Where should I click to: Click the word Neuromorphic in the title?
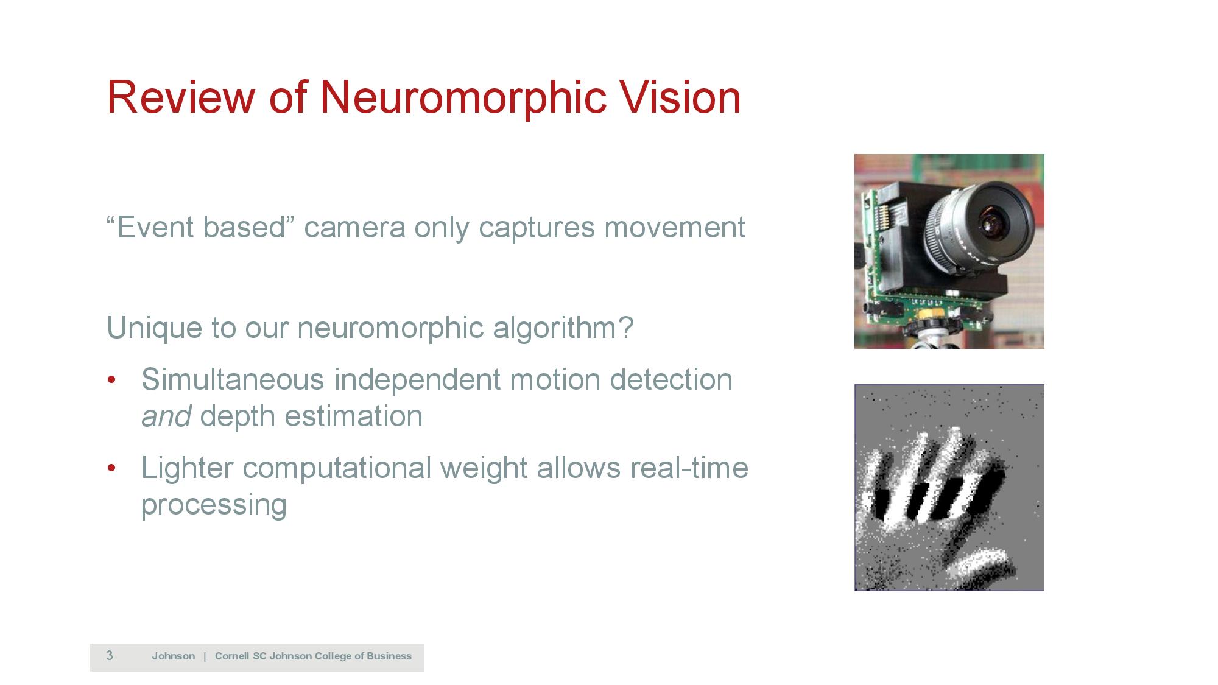coord(463,97)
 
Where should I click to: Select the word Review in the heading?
coord(181,97)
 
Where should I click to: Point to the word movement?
coord(675,227)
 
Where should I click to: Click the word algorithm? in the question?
coord(563,328)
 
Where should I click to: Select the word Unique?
coord(155,328)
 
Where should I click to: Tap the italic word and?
coord(166,416)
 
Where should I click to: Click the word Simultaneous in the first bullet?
coord(233,379)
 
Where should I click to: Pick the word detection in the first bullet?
coord(671,379)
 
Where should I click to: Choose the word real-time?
coord(689,468)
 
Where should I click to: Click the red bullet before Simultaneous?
coord(111,381)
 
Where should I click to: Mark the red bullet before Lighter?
coord(111,469)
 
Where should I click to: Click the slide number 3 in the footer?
coord(110,656)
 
